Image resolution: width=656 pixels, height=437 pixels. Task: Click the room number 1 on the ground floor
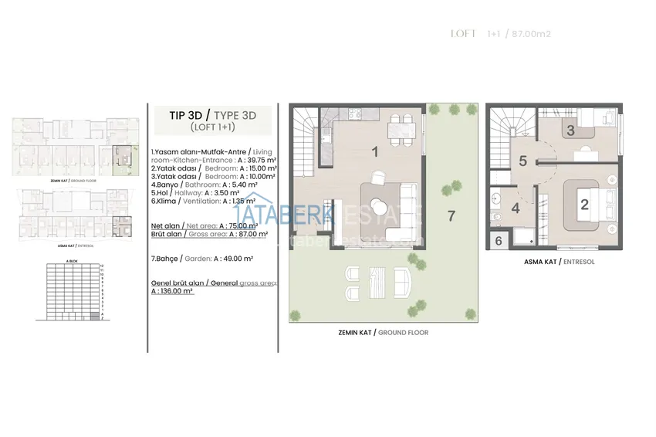pos(375,152)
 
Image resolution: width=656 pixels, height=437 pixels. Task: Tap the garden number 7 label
pos(451,215)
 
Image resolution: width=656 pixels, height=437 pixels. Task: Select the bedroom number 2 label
pos(584,205)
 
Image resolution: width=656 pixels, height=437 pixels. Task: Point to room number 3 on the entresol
pos(571,130)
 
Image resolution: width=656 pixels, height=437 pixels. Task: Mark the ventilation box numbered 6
pos(499,241)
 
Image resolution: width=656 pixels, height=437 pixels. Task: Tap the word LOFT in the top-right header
pos(462,34)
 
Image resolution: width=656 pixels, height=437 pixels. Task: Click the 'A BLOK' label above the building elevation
pos(72,261)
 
